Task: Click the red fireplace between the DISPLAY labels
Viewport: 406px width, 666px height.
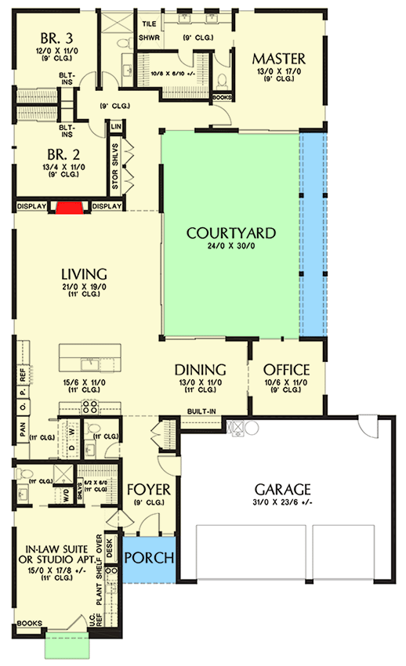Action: tap(69, 207)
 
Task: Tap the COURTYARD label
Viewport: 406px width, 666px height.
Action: tap(230, 233)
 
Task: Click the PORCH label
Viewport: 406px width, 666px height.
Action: tap(149, 559)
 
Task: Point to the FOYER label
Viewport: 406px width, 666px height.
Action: tap(148, 490)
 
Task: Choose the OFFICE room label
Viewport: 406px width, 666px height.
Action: tap(286, 370)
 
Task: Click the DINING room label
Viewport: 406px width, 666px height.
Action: tap(200, 370)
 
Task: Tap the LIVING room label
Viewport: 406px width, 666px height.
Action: tap(84, 273)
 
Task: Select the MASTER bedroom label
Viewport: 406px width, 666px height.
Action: tap(278, 59)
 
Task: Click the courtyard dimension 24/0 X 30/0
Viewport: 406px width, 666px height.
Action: tap(230, 248)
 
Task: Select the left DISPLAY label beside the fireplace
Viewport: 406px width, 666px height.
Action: tap(32, 207)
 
